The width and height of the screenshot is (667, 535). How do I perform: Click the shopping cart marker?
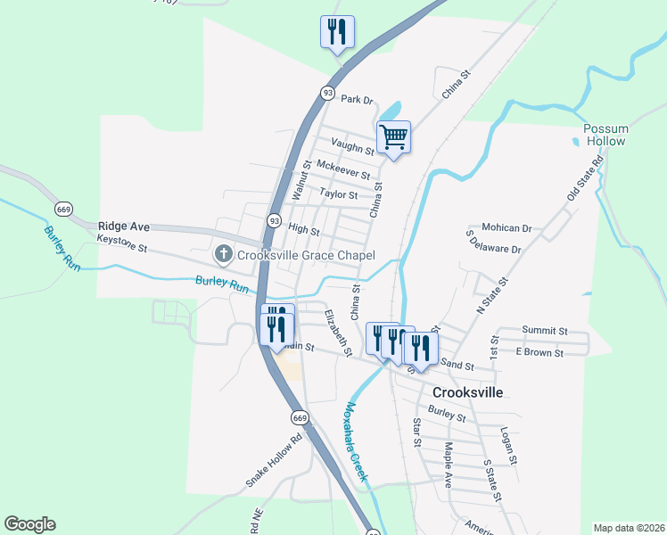[x=393, y=137]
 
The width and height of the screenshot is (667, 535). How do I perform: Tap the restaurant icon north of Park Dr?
[x=337, y=33]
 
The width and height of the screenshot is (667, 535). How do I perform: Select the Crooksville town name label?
[x=467, y=392]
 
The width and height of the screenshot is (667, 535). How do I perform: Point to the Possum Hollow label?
[x=605, y=136]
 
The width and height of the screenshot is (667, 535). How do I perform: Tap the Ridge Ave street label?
[x=124, y=226]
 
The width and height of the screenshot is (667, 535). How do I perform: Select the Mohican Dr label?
[x=506, y=228]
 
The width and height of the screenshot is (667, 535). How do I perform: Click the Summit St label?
[x=545, y=330]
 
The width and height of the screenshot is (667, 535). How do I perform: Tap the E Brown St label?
[x=540, y=353]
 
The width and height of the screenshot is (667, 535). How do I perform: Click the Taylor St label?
[x=338, y=194]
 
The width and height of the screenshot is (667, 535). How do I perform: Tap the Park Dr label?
[x=356, y=100]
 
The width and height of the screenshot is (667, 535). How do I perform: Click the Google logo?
[x=29, y=524]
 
